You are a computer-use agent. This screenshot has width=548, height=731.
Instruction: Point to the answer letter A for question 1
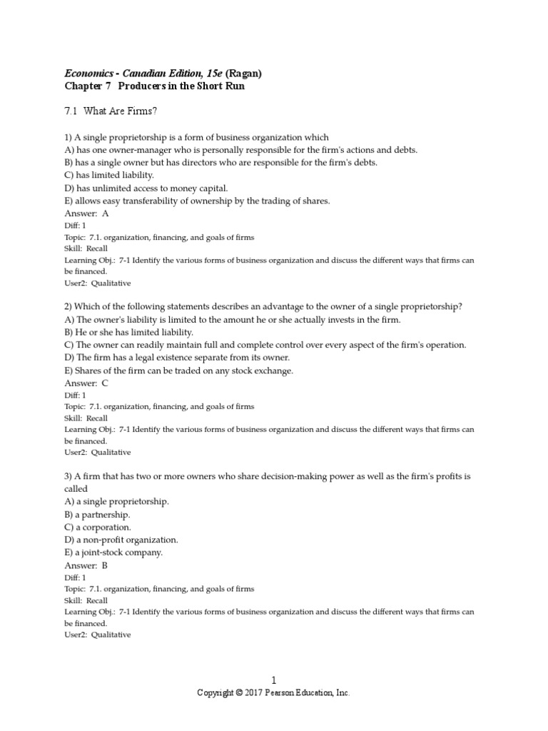pyautogui.click(x=106, y=213)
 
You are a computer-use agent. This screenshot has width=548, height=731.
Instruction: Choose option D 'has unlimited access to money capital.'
pyautogui.click(x=146, y=188)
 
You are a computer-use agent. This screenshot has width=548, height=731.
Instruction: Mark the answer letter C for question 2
pyautogui.click(x=106, y=383)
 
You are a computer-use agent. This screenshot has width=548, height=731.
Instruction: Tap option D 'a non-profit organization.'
pyautogui.click(x=121, y=540)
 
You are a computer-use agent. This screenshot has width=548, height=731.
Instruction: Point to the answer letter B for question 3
pyautogui.click(x=106, y=565)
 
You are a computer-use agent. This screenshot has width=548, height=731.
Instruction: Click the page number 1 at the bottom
pyautogui.click(x=273, y=681)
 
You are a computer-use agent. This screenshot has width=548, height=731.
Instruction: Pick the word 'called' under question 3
pyautogui.click(x=76, y=488)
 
